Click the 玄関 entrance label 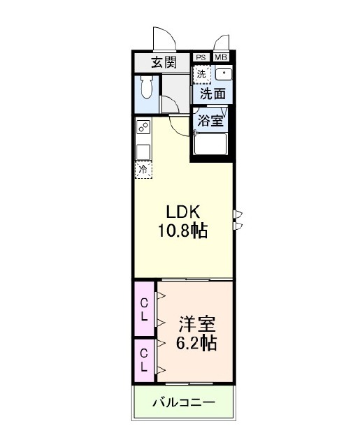coord(164,62)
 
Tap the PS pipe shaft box coord(201,57)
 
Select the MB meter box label coord(221,57)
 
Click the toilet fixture coord(147,86)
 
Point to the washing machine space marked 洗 coord(202,75)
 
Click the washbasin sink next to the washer coord(224,74)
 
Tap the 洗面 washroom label coord(213,94)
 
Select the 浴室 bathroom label coord(210,121)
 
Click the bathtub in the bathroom coord(210,144)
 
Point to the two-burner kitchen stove coord(143,127)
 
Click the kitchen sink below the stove coord(143,152)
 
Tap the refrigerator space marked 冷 coord(143,170)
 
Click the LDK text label coord(183,212)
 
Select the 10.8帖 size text coord(183,230)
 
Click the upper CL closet coord(144,309)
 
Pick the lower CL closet coord(144,360)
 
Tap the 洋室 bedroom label coord(197,324)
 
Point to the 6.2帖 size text coord(196,343)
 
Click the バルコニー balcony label coord(184,403)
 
